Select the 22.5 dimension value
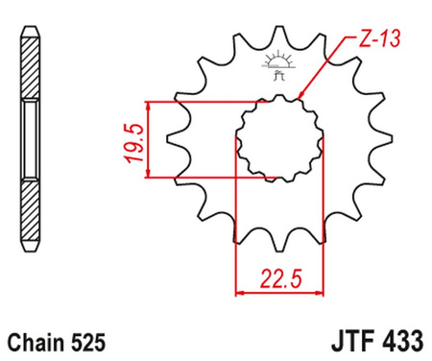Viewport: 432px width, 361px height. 280,279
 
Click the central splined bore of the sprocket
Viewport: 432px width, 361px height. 280,139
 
